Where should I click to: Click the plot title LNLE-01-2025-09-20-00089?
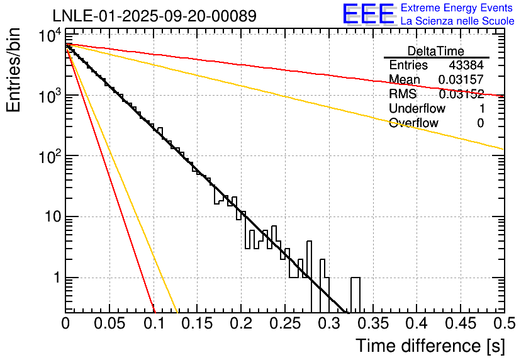click(x=154, y=16)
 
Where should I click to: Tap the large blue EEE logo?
click(x=368, y=14)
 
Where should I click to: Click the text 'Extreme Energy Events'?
click(x=457, y=8)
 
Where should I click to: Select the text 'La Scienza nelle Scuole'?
click(x=457, y=21)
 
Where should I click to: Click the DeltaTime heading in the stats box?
click(x=435, y=51)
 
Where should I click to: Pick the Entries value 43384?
click(x=466, y=65)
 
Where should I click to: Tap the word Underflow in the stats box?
click(x=417, y=109)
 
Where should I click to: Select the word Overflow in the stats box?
click(x=413, y=123)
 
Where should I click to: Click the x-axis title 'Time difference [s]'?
click(x=429, y=346)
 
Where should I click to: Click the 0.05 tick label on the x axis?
click(x=109, y=323)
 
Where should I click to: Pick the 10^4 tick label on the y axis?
click(x=48, y=36)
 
